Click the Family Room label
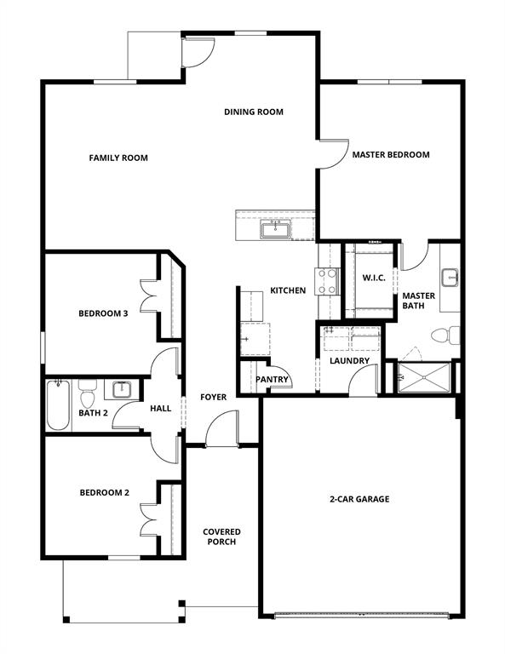pos(118,158)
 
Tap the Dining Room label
pos(254,112)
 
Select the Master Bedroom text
pos(391,155)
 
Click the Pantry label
pos(273,380)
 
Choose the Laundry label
pos(349,360)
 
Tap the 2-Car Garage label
pos(359,499)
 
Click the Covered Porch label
pos(221,536)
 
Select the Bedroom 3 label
pos(103,313)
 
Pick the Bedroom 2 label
pos(105,492)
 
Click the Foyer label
pos(213,397)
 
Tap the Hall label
pos(161,409)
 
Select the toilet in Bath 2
pos(87,397)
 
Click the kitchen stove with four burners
pos(328,281)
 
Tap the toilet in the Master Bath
pos(449,334)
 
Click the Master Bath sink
pos(450,278)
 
